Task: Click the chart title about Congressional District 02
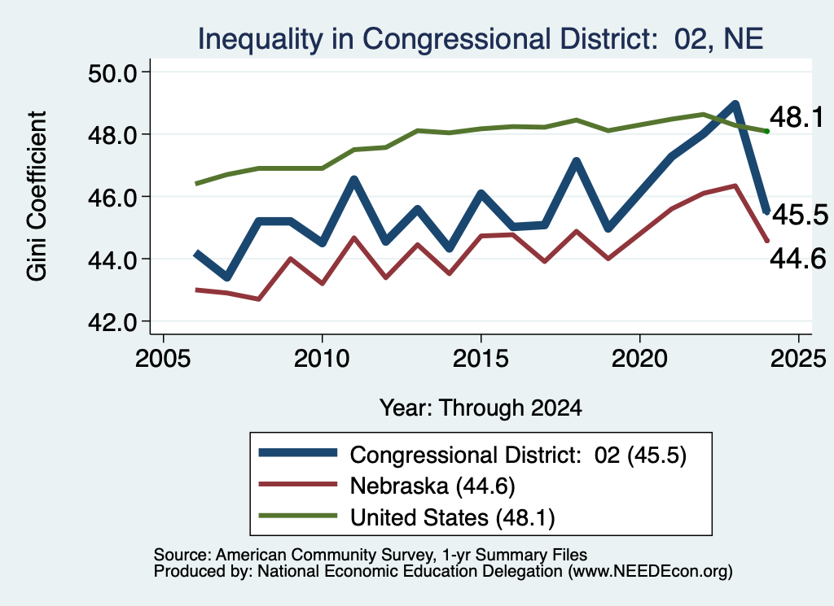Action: point(481,39)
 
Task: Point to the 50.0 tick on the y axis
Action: point(112,72)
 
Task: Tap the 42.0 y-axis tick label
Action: point(112,322)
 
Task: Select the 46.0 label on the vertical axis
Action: point(112,198)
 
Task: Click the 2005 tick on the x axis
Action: point(163,359)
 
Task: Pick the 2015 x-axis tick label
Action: point(481,359)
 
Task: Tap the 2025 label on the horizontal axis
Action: point(798,359)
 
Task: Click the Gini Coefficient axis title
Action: point(37,196)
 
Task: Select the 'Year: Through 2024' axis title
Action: point(481,408)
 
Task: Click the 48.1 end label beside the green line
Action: point(797,117)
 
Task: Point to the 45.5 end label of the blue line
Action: point(800,215)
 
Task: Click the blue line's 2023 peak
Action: point(735,103)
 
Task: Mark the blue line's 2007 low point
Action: point(227,277)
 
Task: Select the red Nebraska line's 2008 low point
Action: point(259,299)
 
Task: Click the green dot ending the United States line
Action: point(766,131)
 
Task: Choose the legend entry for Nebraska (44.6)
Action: point(432,486)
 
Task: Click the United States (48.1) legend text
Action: point(452,517)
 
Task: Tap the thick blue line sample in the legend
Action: point(298,452)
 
